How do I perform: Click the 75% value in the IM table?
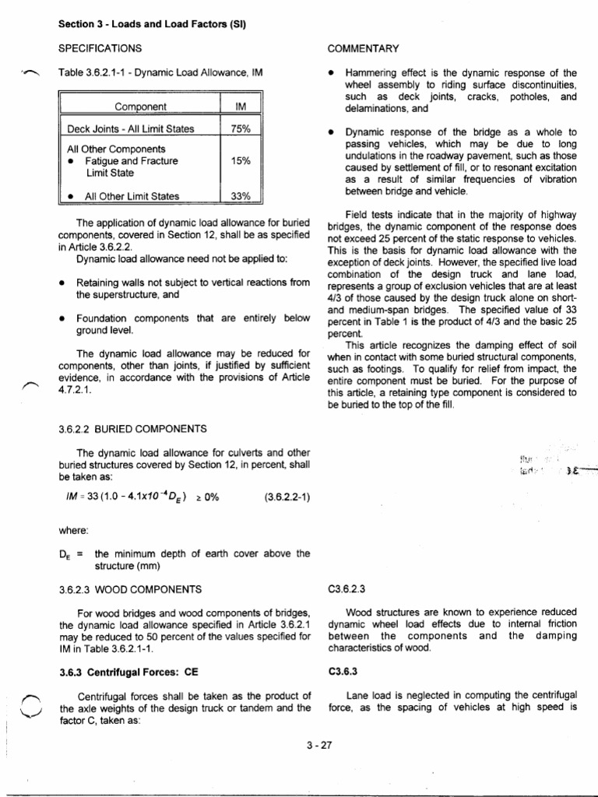pos(241,129)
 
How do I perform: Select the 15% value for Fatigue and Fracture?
pos(241,161)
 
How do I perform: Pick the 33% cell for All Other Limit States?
pos(241,197)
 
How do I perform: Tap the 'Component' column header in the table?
pos(140,107)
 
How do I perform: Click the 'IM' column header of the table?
pos(241,107)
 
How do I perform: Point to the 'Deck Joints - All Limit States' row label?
pos(131,129)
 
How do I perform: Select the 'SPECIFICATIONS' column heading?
pos(100,48)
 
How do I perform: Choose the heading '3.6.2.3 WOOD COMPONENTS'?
pos(130,589)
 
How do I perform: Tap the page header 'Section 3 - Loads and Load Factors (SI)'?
pos(152,24)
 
